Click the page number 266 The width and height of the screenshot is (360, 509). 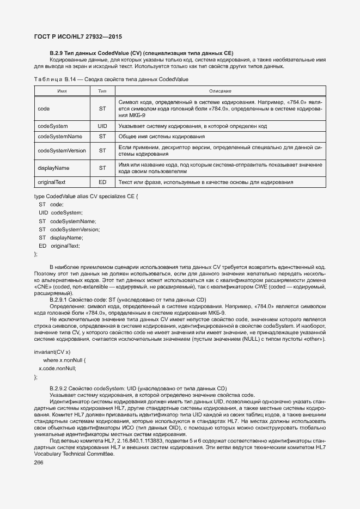click(39, 462)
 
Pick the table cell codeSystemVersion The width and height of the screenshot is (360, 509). click(62, 151)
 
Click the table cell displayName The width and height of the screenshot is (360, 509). click(53, 168)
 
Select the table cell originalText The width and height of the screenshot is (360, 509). click(52, 182)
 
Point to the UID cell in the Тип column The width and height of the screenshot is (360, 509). click(102, 126)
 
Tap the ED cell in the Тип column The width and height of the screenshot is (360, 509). click(102, 182)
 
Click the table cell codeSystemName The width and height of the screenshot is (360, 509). click(60, 136)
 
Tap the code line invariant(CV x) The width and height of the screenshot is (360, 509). click(52, 352)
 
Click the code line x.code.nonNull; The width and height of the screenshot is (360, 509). click(58, 368)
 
